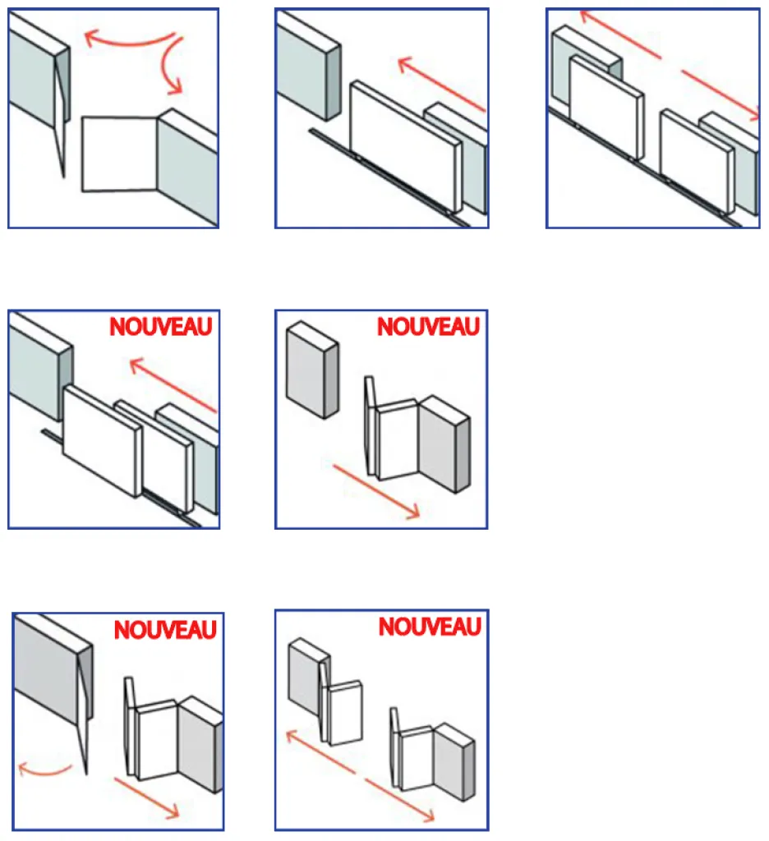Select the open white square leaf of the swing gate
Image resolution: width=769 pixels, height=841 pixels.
click(119, 154)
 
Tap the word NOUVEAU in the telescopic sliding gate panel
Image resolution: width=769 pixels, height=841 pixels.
click(161, 326)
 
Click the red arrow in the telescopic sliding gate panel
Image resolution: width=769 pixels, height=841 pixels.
click(173, 384)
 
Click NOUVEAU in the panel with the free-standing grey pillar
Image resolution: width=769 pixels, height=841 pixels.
click(428, 326)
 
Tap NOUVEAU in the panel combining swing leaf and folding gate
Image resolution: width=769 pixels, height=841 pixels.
click(164, 630)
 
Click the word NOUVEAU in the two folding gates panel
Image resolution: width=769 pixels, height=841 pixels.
click(430, 627)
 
